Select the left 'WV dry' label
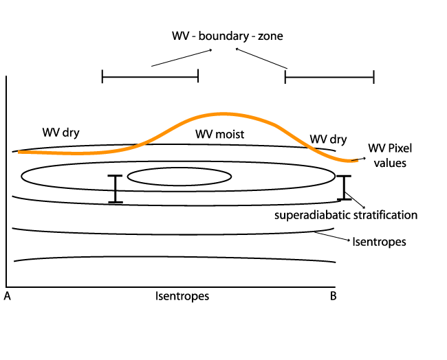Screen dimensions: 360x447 click(x=61, y=132)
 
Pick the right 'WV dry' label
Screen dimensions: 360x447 click(x=328, y=139)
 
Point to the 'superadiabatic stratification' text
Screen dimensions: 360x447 click(x=346, y=215)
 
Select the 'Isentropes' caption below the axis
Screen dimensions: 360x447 click(x=182, y=297)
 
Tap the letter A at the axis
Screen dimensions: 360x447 click(x=7, y=297)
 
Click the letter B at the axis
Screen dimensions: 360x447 click(x=333, y=297)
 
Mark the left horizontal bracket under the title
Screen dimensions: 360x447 click(x=150, y=76)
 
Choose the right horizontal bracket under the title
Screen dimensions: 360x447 click(x=329, y=76)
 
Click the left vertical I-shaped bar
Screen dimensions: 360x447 click(x=115, y=189)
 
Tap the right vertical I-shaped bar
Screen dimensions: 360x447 click(x=344, y=188)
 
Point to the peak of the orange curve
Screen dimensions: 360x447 click(x=221, y=113)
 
